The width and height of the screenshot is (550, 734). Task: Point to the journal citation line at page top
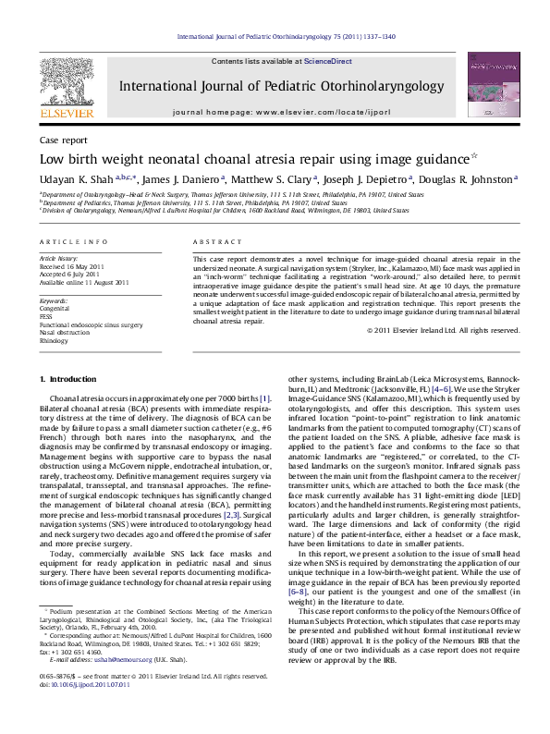[275, 39]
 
